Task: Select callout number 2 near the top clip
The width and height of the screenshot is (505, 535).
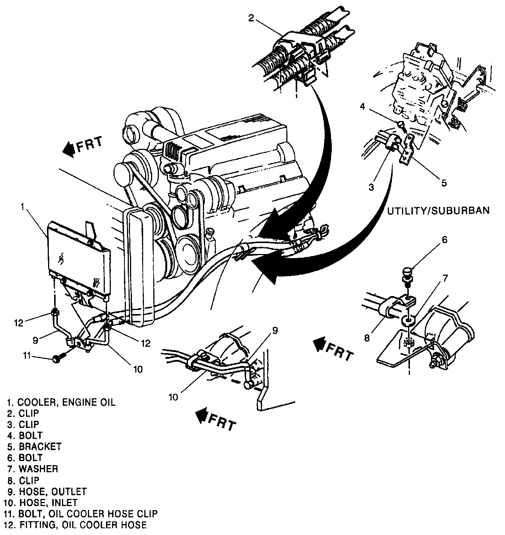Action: pos(251,18)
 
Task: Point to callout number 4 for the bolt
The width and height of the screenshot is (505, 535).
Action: pos(363,106)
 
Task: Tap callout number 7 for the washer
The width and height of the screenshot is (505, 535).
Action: pos(445,278)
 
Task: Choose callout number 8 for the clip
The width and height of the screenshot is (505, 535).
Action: pos(367,337)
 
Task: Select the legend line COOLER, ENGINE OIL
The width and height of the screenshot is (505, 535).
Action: pos(61,402)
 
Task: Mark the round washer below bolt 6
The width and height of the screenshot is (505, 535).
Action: pos(408,320)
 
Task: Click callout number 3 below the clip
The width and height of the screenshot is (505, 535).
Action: pos(372,187)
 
